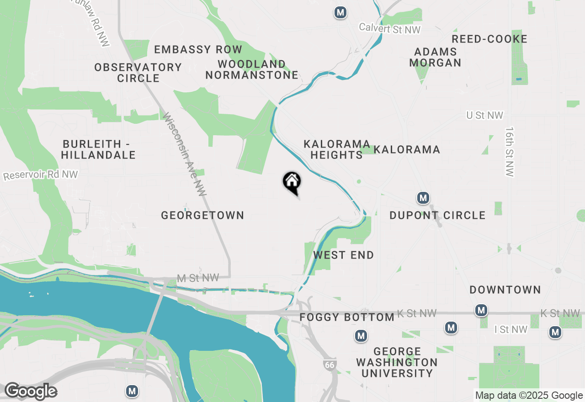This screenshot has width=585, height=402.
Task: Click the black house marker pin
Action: click(x=292, y=182)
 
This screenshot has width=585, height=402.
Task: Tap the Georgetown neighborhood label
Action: click(x=202, y=215)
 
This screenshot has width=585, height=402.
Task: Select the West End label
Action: click(x=343, y=255)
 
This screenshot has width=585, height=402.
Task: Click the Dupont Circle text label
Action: click(x=437, y=215)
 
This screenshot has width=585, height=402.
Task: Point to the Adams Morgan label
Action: click(x=435, y=57)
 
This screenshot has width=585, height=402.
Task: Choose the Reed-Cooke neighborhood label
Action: click(x=489, y=39)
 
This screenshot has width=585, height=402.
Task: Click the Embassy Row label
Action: click(x=198, y=49)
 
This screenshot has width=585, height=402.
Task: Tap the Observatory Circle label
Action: click(x=138, y=73)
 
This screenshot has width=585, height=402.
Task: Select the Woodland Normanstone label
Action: click(x=252, y=69)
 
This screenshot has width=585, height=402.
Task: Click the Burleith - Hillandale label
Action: click(x=98, y=149)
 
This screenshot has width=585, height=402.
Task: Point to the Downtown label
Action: click(x=505, y=290)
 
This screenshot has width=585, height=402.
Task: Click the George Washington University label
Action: click(x=397, y=362)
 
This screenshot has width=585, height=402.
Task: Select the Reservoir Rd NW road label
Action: click(x=40, y=175)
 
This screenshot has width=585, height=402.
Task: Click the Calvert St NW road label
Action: click(x=389, y=28)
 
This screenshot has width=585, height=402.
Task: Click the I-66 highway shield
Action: click(x=329, y=365)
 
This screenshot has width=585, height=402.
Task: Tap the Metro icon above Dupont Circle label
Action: click(x=423, y=198)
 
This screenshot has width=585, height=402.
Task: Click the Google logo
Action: click(x=31, y=391)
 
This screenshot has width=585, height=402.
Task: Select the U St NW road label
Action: click(x=484, y=116)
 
